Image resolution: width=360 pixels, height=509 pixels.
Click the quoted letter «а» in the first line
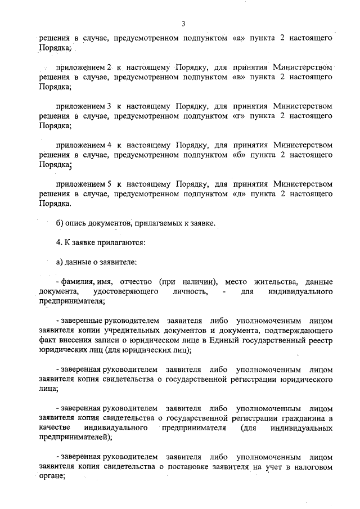click(x=238, y=40)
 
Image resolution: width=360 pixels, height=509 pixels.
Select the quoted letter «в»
click(x=238, y=78)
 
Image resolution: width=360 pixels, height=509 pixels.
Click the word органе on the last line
click(x=51, y=476)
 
